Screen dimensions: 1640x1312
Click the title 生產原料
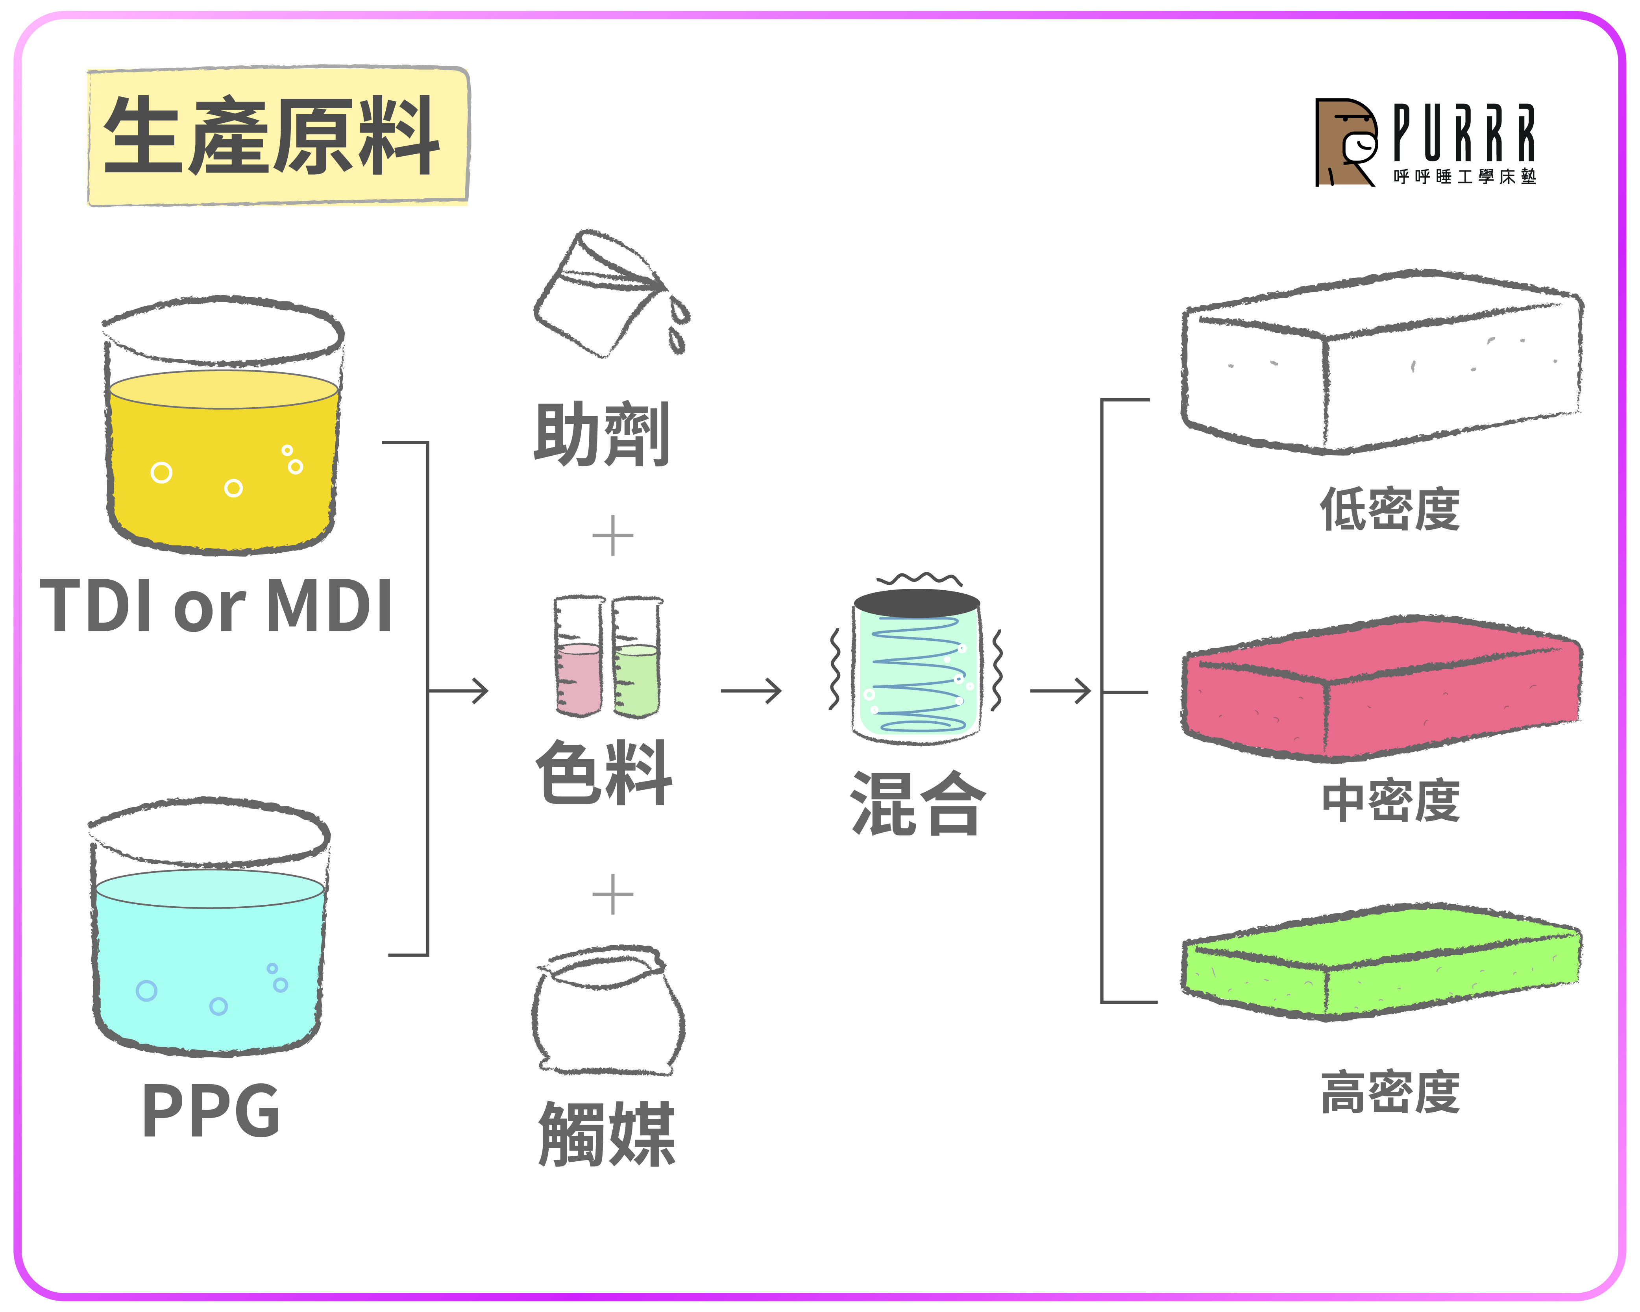point(272,135)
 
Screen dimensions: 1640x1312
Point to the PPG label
point(211,1111)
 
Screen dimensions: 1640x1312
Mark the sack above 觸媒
point(608,1010)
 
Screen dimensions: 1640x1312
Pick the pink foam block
point(1381,688)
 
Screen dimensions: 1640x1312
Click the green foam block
point(1381,962)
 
